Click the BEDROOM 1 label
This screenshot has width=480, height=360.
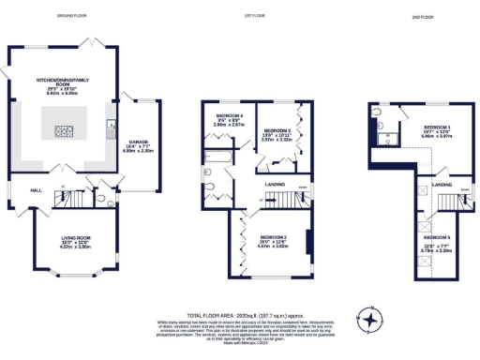coord(437,127)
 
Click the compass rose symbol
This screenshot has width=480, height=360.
coord(372,322)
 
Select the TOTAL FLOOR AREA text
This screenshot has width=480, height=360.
coord(239,316)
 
